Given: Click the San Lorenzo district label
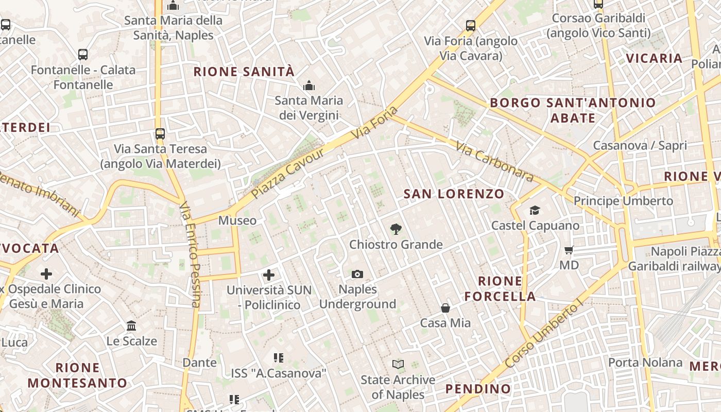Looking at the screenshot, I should coord(454,194).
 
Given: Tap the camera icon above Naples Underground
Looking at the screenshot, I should coord(357,274).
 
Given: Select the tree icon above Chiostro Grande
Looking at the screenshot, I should coord(396,229).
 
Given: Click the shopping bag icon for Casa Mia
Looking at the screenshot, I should coord(445,308).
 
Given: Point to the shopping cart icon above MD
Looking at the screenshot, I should coord(569,250).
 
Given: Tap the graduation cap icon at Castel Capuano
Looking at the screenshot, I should coord(535,210).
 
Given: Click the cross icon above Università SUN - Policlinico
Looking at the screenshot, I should coord(269,275).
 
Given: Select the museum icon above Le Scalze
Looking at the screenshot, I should coord(131,326).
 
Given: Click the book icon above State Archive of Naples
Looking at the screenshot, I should coord(398,365).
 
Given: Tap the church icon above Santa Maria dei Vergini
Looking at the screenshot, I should coord(309,85).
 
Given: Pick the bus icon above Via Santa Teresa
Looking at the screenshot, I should coord(160,134).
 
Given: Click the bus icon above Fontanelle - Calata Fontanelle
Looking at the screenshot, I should coord(83,54).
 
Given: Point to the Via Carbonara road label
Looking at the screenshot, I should coord(494,162).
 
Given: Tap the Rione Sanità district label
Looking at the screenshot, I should coord(244,72).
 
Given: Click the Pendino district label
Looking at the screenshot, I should coord(478,389).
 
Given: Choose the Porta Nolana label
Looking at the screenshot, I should coord(645,363).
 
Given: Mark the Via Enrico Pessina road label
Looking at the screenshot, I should coord(190,255).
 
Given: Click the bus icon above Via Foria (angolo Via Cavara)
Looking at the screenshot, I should coord(470,25).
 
